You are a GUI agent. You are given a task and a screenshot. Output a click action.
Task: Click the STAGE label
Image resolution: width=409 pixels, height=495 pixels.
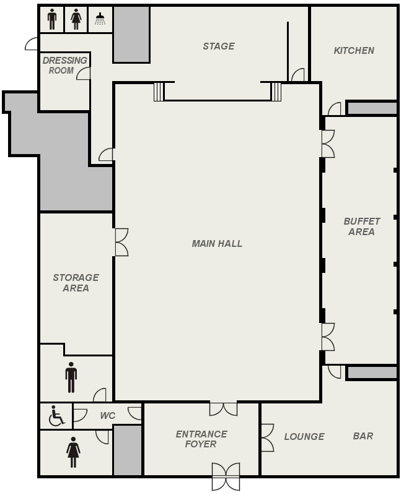click(x=219, y=46)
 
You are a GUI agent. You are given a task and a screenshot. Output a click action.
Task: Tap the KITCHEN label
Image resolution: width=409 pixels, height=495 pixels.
click(x=354, y=51)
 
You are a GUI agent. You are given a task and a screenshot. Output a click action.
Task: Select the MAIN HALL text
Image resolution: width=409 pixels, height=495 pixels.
click(x=217, y=243)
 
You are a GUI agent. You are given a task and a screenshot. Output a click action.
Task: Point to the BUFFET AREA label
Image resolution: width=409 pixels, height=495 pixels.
click(x=361, y=226)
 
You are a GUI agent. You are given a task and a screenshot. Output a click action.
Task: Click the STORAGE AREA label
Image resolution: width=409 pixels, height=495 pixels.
click(x=76, y=283)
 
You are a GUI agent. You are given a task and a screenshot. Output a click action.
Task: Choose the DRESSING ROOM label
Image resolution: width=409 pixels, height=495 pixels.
click(x=65, y=66)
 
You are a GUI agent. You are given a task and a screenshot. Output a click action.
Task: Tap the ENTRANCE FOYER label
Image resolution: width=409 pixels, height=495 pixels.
click(x=201, y=439)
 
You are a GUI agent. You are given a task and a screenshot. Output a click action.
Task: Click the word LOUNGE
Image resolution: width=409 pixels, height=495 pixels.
click(x=304, y=437)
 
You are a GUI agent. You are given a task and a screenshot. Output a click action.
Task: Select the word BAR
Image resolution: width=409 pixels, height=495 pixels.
click(x=363, y=436)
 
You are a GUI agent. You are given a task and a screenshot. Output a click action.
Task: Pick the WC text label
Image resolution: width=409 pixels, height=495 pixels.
click(x=108, y=415)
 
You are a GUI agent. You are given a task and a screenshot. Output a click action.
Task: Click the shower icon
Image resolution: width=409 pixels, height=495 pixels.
click(x=100, y=19)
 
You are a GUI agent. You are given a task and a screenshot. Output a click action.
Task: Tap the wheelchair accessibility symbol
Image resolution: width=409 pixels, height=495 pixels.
click(x=56, y=415)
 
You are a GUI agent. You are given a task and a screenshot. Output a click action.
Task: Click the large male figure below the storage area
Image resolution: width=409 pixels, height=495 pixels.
click(x=71, y=377)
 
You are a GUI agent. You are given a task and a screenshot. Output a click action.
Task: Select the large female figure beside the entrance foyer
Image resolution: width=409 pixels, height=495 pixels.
click(x=73, y=452)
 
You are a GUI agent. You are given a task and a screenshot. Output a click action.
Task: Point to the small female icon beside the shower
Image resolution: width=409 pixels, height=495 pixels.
click(x=76, y=19)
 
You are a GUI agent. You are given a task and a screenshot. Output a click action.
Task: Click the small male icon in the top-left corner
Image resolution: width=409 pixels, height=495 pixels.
click(x=52, y=19)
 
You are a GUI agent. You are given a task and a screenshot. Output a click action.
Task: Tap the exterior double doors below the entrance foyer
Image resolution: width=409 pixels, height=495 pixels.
click(x=226, y=476)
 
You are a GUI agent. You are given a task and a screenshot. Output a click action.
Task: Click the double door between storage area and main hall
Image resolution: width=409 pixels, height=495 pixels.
click(x=121, y=242)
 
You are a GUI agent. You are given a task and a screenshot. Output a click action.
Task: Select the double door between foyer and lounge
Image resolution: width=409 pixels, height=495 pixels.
click(x=267, y=437)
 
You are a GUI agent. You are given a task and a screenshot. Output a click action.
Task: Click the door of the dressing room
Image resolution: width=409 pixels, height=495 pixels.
click(x=84, y=73)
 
